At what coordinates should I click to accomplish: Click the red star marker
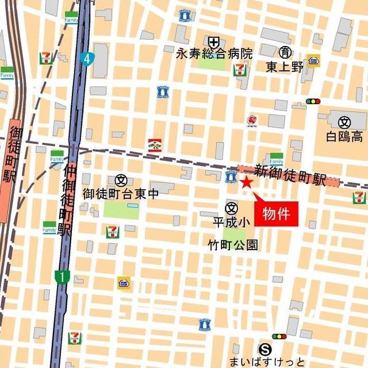[x=246, y=183]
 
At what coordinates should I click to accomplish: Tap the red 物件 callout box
[x=276, y=214]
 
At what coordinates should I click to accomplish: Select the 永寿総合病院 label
[x=214, y=54]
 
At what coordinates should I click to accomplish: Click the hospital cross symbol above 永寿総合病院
[x=214, y=41]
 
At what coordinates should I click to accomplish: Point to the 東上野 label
[x=285, y=66]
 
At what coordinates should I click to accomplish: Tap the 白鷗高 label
[x=344, y=137]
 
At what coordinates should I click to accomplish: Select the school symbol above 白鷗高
[x=344, y=122]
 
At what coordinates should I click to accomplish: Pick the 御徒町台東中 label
[x=120, y=194]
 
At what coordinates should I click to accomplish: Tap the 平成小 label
[x=231, y=221]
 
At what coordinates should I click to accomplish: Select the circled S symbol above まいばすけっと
[x=265, y=348]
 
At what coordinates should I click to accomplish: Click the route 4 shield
[x=87, y=58]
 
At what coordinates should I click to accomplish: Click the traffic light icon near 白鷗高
[x=313, y=101]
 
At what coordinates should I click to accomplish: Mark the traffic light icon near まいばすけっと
[x=279, y=336]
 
